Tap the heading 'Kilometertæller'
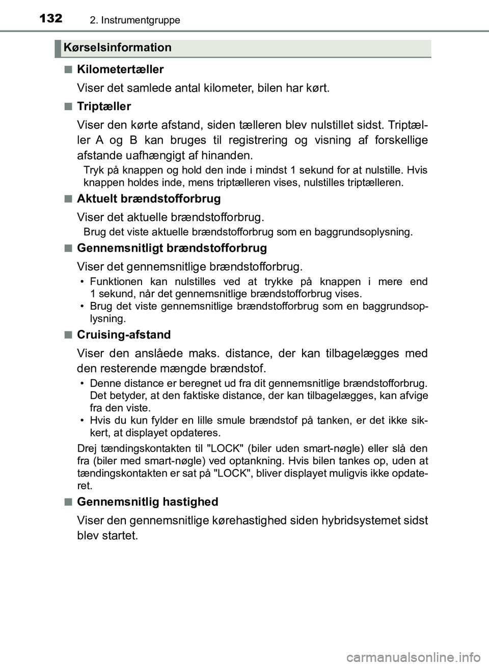coord(120,69)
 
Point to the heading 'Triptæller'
coord(104,106)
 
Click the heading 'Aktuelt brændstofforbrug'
coord(149,199)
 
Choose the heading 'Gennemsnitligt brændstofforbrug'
coord(172,248)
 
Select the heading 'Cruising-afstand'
coord(124,335)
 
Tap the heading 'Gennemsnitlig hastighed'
coord(147,502)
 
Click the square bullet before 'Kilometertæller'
coord(68,69)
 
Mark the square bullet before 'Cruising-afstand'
coord(68,335)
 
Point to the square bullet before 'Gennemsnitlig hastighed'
coord(68,502)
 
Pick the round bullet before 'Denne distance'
coord(82,383)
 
